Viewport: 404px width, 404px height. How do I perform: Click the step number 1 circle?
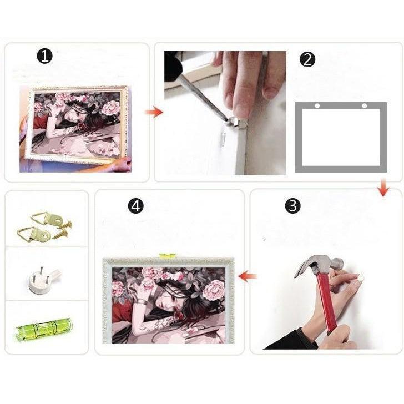point(44,56)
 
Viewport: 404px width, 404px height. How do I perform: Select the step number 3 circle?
point(292,205)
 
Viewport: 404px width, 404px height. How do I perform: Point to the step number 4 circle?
point(136,205)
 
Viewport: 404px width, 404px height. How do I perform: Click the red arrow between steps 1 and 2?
point(154,112)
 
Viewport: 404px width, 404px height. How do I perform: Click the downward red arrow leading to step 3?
point(383,188)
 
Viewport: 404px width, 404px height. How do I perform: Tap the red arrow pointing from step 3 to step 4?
point(248,276)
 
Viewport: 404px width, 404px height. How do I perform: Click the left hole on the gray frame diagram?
point(317,105)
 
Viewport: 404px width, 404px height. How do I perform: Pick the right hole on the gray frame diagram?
point(364,105)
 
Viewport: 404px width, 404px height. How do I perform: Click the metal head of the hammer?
point(319,264)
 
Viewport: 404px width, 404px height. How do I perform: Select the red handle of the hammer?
point(328,304)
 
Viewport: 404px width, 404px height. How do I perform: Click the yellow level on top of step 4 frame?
point(168,256)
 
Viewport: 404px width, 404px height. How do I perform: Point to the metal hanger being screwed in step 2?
point(236,121)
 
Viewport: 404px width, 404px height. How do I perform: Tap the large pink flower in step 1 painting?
point(111,108)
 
